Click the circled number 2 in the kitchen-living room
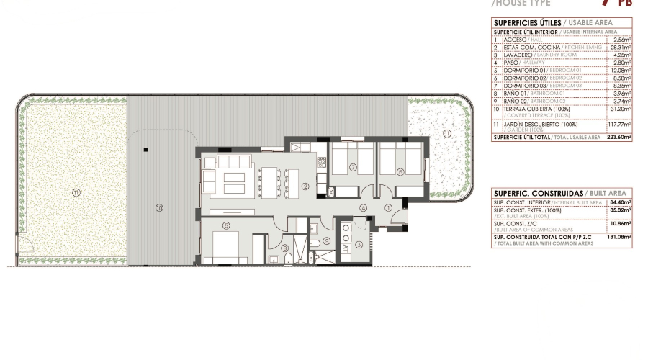[x=305, y=186]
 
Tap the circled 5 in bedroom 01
[x=226, y=225]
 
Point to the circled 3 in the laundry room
[x=359, y=245]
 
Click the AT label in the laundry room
[x=346, y=246]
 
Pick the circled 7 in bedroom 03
[x=353, y=168]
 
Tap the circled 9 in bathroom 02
[x=326, y=241]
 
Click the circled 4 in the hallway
[x=364, y=207]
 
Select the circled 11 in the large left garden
[x=76, y=192]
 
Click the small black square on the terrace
[x=145, y=150]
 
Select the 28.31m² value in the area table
[x=620, y=48]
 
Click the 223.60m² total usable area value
[x=619, y=137]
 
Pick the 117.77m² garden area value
[x=618, y=124]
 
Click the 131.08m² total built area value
[x=619, y=236]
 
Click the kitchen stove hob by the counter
[x=330, y=191]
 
